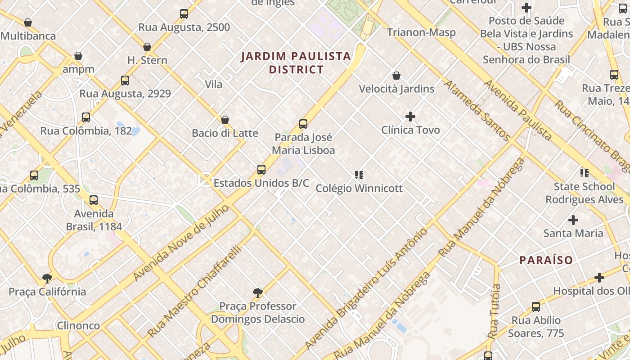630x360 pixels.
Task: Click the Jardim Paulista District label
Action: tap(296, 63)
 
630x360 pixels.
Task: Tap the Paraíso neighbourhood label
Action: tap(546, 260)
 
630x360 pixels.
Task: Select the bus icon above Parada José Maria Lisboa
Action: tap(303, 124)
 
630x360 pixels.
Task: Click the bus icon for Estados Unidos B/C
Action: tap(261, 170)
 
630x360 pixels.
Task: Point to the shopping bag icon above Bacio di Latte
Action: tap(225, 120)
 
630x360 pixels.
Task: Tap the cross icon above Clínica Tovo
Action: tap(410, 117)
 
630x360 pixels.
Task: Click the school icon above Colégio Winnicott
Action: tap(359, 175)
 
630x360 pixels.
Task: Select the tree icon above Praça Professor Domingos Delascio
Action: tap(258, 293)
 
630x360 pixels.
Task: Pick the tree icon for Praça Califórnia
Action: tap(47, 279)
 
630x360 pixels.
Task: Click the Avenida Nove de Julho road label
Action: tap(181, 243)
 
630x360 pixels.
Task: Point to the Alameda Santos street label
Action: tap(477, 111)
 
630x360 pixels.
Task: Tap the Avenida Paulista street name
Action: tap(517, 110)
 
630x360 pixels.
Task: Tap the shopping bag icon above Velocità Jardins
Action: tap(396, 76)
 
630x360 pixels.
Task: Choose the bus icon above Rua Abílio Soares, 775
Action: tap(535, 307)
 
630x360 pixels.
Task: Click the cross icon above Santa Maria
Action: tap(573, 220)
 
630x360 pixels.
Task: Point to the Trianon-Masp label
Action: tap(421, 32)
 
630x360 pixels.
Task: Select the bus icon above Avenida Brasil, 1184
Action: tap(94, 200)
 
